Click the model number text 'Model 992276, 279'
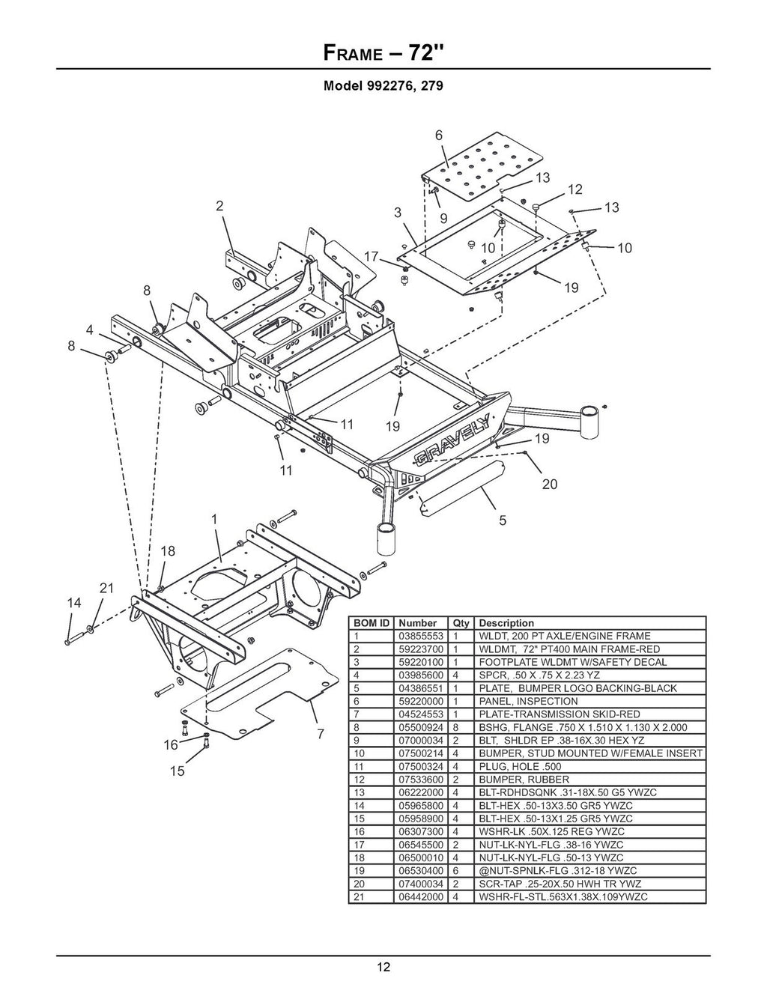tap(383, 85)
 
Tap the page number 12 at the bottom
tap(383, 967)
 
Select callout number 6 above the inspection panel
tap(439, 135)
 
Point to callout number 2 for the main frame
tap(219, 207)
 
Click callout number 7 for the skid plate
tap(320, 734)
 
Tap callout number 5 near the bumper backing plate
tap(503, 519)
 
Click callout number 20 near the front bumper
tap(550, 484)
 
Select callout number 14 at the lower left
tap(73, 602)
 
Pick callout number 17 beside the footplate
tap(371, 256)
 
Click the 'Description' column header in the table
tap(506, 623)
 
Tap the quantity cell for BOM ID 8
tap(455, 727)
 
